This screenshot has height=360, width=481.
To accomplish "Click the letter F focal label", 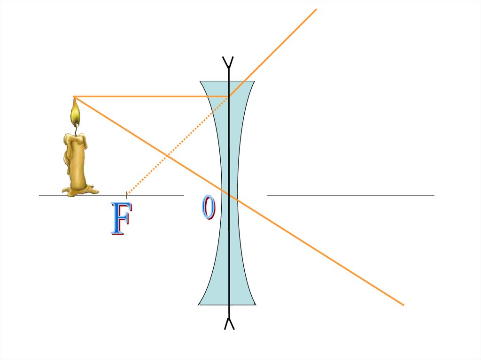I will pos(120,219).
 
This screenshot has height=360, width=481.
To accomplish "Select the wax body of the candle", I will pos(76,160).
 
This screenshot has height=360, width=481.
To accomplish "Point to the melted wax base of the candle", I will pos(80,190).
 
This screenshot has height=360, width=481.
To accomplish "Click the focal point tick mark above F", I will pos(126,194).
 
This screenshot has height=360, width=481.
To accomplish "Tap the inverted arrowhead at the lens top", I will pos(229,61).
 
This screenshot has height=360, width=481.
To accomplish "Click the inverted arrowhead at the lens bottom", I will pos(229,323).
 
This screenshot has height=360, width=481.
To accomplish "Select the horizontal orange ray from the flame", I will pos(150,97).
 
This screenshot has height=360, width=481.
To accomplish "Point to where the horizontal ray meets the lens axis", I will pos(229,97).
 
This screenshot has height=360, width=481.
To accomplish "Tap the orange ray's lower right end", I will pos(403,305).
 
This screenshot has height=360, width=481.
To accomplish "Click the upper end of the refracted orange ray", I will pos(316,9).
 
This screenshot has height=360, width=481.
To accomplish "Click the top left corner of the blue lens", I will pos(201,82).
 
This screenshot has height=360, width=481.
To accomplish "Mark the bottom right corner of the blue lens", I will pos(255,304).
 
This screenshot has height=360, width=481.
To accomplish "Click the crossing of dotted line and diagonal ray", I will pos(166,155).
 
